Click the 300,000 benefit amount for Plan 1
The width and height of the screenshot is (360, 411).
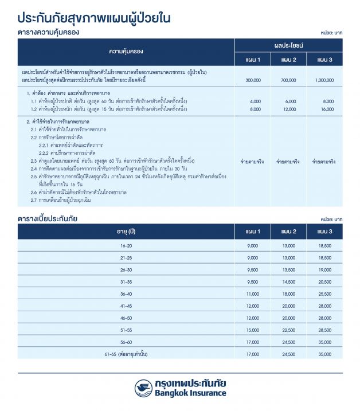click(x=253, y=80)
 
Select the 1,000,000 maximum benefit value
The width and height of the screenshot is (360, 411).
click(x=324, y=80)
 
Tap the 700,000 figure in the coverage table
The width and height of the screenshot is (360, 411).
click(x=290, y=80)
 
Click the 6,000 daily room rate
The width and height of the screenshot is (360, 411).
click(x=290, y=101)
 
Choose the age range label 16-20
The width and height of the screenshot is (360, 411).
click(x=126, y=245)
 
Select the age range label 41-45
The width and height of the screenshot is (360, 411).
click(x=126, y=306)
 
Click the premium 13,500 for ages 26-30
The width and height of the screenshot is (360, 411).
click(x=289, y=269)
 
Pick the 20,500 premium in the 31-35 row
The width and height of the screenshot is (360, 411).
click(x=324, y=282)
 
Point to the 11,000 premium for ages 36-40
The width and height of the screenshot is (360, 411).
click(x=253, y=294)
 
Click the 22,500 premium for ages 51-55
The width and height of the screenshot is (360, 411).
click(x=289, y=330)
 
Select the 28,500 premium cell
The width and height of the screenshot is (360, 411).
click(x=324, y=330)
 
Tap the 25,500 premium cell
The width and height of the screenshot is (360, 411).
click(x=324, y=294)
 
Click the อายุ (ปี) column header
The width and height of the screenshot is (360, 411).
click(x=126, y=231)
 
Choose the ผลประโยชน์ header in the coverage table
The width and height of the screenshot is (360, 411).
click(x=289, y=45)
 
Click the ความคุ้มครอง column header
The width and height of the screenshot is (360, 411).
click(x=126, y=52)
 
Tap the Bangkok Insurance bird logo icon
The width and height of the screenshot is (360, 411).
click(x=143, y=387)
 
